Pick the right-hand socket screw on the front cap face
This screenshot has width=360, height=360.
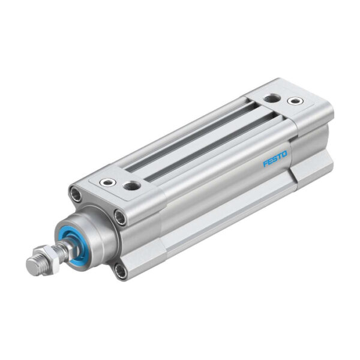click(x=120, y=217)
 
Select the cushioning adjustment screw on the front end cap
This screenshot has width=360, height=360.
click(x=107, y=182)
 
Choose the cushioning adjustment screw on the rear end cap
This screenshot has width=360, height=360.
click(x=294, y=101)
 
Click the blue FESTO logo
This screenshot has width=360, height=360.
click(x=275, y=159)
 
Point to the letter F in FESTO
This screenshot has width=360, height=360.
click(x=265, y=164)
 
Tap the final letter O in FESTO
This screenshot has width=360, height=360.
click(x=284, y=155)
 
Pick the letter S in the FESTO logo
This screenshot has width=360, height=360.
click(x=274, y=159)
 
